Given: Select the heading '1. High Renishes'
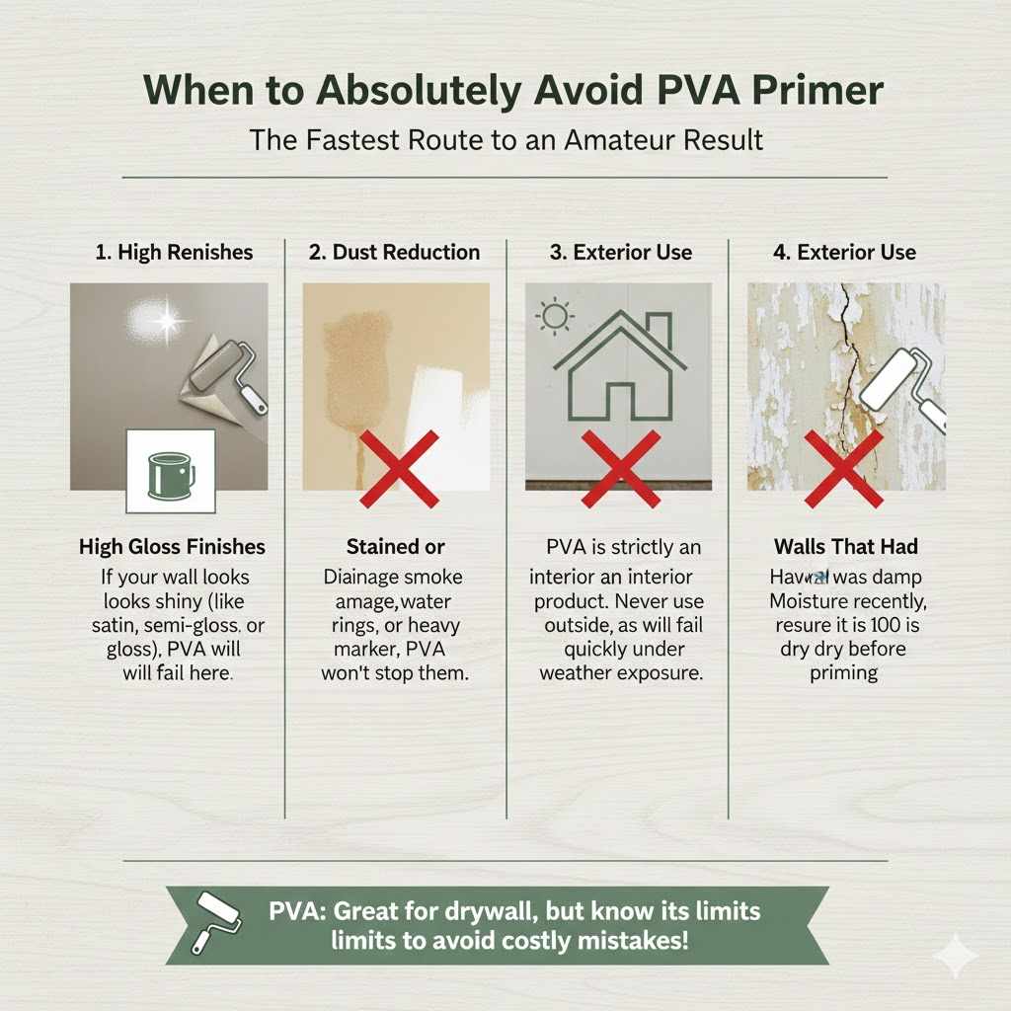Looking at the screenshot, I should pos(174,252).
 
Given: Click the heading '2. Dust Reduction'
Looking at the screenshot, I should pos(394,252).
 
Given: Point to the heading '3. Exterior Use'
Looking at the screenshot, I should pos(622,252).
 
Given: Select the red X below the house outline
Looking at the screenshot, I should pos(619,467).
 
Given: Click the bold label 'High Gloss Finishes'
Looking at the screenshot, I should pos(172,547).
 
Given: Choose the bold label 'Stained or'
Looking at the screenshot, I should pos(395,547).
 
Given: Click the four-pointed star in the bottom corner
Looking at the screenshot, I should pos(955,955).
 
